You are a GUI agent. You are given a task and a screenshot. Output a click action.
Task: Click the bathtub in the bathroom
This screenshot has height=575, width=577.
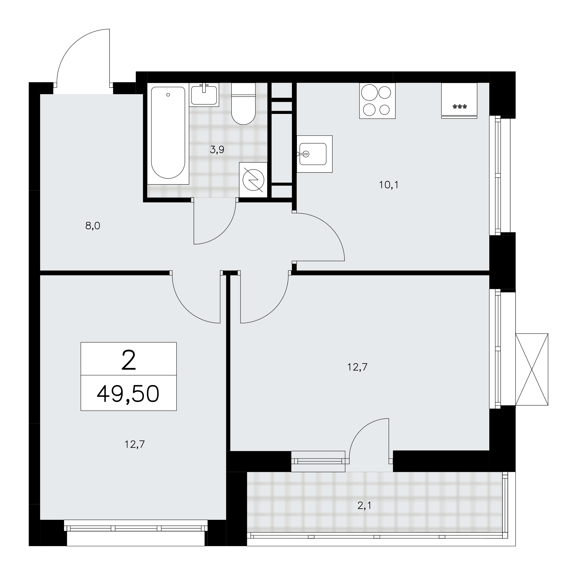pos(168,134)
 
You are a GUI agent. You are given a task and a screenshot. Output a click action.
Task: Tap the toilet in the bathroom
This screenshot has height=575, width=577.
pos(243,104)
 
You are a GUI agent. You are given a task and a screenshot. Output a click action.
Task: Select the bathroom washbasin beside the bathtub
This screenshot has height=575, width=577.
pos(204,95)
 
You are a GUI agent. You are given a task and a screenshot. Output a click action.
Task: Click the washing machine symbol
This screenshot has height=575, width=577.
pos(253,180)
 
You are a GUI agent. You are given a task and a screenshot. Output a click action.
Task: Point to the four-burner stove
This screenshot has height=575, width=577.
pos(377,101)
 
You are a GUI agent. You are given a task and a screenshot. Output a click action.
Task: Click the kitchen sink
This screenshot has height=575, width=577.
pos(314,154)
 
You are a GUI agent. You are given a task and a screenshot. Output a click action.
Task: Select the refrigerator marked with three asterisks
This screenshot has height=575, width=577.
pos(459,101)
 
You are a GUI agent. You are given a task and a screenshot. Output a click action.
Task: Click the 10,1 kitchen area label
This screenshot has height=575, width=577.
pos(389,185)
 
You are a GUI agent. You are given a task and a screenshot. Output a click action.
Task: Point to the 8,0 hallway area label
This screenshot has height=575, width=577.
pos(93,226)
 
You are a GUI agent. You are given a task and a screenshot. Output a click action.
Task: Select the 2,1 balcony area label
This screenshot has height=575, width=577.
pos(364,506)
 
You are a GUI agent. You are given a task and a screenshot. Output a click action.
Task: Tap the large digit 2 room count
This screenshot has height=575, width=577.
pos(129,360)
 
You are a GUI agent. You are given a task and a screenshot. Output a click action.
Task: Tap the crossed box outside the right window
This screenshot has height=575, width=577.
pos(532,369)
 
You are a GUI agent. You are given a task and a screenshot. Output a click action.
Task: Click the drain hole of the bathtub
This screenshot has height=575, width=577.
pos(168,95)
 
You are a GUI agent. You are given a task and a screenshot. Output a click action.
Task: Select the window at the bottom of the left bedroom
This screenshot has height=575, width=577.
pos(136,529)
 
